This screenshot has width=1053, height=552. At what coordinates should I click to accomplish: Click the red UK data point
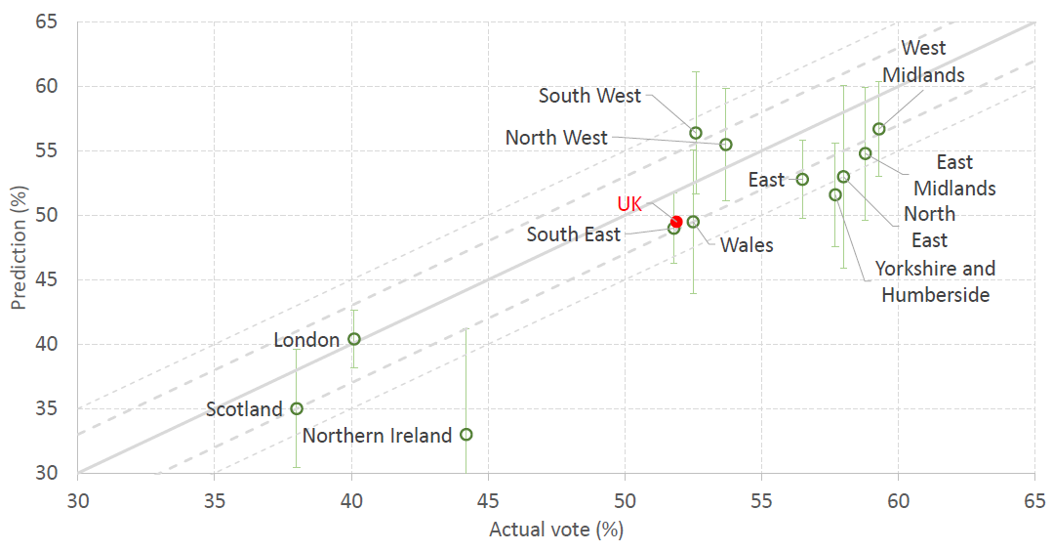click(x=676, y=222)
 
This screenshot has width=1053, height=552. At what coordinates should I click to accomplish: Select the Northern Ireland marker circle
click(x=466, y=434)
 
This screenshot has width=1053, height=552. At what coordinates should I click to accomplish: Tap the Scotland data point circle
click(x=297, y=408)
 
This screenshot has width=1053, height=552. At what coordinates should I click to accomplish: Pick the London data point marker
click(x=354, y=339)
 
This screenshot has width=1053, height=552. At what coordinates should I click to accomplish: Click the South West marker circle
click(x=696, y=133)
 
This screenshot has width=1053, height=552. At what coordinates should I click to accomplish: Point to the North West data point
click(x=725, y=145)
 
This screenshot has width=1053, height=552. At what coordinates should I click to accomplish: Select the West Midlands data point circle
click(x=878, y=129)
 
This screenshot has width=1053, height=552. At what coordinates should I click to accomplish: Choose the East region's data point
click(x=802, y=179)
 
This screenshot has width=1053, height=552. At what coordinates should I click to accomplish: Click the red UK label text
click(x=629, y=204)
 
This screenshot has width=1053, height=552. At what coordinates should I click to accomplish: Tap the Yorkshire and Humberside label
click(x=935, y=281)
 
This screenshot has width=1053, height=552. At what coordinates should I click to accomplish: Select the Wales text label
click(x=747, y=245)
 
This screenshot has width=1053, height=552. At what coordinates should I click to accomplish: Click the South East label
click(x=573, y=234)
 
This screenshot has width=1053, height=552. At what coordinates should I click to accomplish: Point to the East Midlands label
click(x=954, y=175)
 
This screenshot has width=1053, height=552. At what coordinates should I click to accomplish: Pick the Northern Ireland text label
click(x=377, y=436)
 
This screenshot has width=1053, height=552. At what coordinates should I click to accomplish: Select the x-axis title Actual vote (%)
click(x=555, y=531)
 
